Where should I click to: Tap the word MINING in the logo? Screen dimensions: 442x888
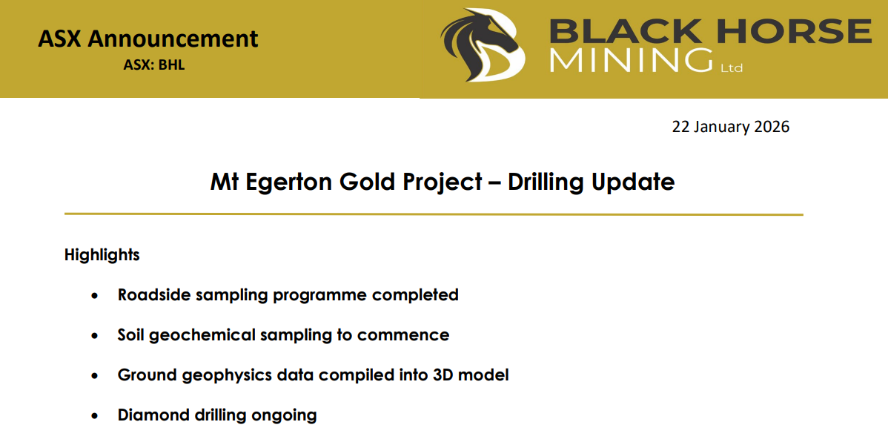[630, 60]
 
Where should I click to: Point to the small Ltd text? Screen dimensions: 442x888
[731, 68]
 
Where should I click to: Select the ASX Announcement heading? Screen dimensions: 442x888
[148, 39]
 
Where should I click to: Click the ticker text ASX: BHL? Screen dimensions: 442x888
[153, 65]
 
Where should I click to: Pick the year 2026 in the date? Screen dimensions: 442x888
[772, 127]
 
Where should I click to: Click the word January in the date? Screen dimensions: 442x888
[722, 127]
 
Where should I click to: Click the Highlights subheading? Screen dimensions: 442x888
[102, 255]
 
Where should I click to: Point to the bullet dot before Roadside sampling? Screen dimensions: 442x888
[94, 296]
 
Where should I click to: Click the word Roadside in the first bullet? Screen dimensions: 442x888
[153, 295]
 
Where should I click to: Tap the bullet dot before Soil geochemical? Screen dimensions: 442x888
[94, 336]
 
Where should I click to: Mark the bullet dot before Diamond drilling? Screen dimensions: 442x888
[94, 416]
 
